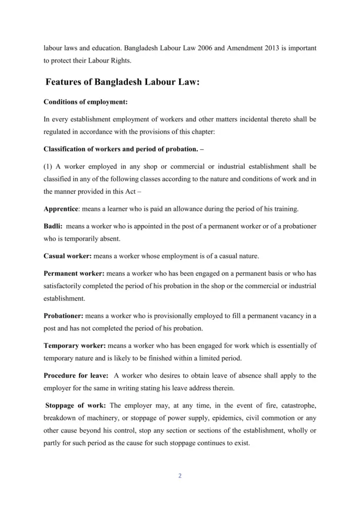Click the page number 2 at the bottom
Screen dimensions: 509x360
180,476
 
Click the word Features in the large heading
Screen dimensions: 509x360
67,82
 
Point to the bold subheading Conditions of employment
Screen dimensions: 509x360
86,102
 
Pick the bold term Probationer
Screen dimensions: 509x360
64,316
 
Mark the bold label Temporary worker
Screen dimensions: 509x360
74,345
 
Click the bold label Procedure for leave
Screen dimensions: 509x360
76,375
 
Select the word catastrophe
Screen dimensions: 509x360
297,405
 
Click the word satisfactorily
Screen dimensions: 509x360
63,286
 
